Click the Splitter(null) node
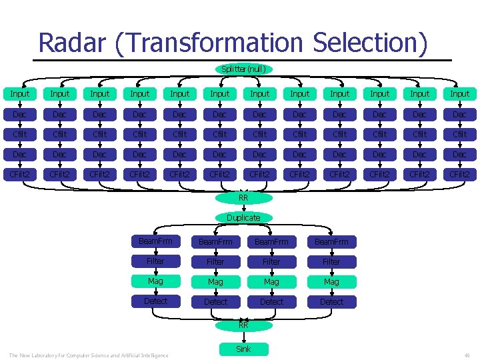243,69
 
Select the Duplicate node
243,217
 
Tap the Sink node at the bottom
243,349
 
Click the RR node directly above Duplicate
243,197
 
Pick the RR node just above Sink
243,325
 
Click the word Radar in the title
73,43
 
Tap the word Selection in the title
369,43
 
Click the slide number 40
467,355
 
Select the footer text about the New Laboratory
89,355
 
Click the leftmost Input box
20,94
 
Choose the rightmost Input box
460,94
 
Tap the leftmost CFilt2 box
20,174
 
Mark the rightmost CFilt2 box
460,174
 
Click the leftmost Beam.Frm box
155,241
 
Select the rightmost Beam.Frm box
331,241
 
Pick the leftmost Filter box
155,261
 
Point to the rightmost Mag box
331,281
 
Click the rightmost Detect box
331,301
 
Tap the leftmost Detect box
155,301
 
